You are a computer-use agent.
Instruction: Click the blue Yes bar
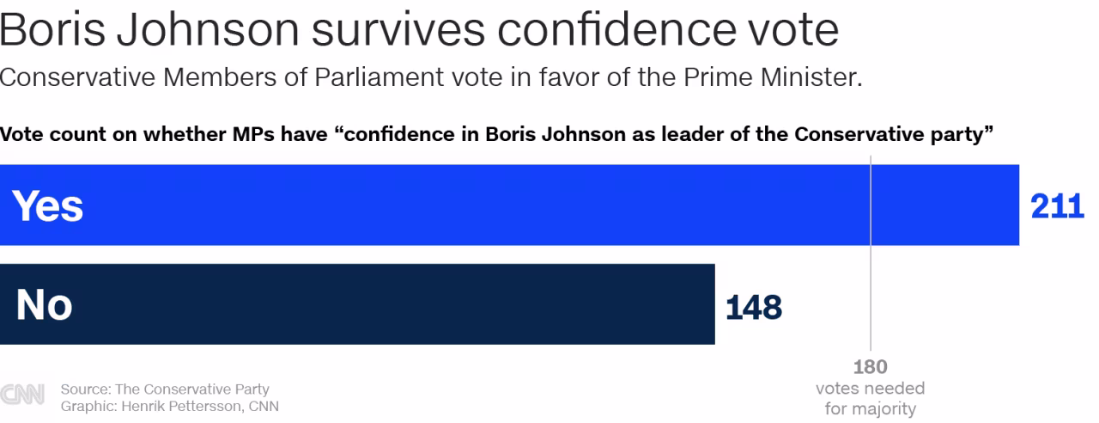pos(515,205)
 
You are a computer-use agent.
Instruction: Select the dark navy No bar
pos(361,304)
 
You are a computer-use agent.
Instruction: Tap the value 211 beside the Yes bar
pos(1057,206)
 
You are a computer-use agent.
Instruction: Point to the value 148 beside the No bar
pos(754,306)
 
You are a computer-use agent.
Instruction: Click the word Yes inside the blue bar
pos(48,206)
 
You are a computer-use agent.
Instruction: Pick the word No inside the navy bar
pos(44,305)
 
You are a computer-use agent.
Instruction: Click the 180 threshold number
pos(870,367)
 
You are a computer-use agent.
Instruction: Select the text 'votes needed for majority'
pos(870,399)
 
